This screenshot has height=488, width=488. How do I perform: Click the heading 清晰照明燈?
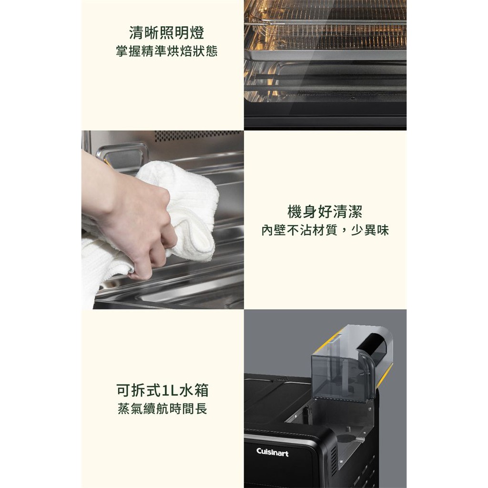(166, 33)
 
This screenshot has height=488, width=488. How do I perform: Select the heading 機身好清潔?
(325, 212)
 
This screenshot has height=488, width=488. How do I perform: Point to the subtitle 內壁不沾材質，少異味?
(325, 231)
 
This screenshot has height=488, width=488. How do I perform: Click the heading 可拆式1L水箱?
(163, 390)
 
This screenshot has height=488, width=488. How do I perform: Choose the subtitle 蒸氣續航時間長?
(163, 408)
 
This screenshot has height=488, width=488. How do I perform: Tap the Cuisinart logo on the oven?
(272, 452)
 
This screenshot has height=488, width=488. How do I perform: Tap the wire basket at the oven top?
(325, 25)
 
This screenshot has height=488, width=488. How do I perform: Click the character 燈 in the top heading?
(197, 33)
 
